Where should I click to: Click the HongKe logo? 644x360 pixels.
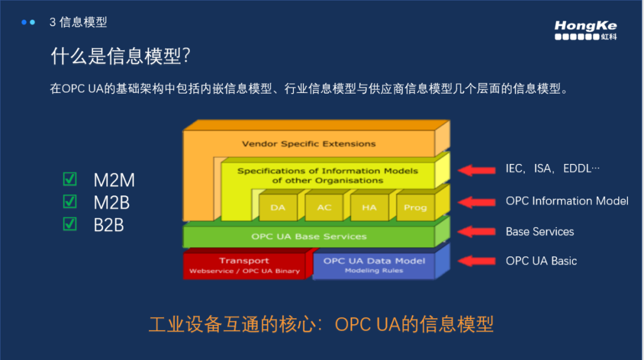[585, 30]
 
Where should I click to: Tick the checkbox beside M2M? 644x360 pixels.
[70, 179]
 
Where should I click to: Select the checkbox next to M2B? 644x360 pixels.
[70, 202]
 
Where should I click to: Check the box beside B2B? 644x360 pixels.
[70, 224]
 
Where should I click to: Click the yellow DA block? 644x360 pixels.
[278, 207]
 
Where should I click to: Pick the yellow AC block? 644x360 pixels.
[324, 207]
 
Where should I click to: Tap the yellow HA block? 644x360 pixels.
[369, 207]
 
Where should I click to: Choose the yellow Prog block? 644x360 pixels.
[415, 207]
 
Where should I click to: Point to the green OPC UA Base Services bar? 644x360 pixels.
[309, 237]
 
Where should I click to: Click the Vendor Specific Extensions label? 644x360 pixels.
[308, 144]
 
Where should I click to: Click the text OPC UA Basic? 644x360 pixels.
[541, 261]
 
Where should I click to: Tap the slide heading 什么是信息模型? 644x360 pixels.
[120, 57]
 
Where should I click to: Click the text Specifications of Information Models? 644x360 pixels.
[327, 171]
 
